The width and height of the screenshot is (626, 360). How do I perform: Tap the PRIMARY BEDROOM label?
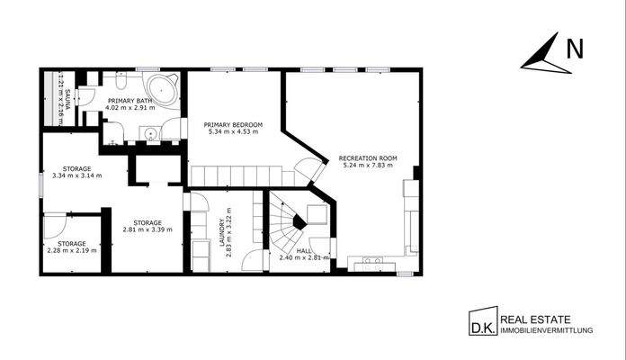pos(233,124)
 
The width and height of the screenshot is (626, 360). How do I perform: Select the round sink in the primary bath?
pos(152,134)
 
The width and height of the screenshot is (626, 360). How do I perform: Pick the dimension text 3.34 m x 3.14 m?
pos(77,175)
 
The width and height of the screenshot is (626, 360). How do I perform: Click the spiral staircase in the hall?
pos(290,226)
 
